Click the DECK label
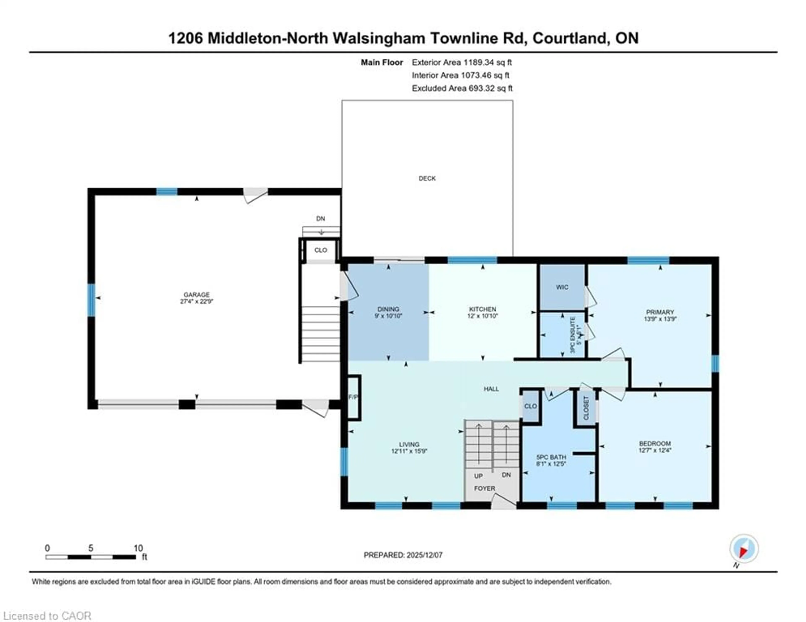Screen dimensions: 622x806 pos(427,178)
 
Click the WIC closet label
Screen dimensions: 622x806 pos(562,287)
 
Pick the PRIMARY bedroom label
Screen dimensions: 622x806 pos(660,312)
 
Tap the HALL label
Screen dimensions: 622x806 pos(491,389)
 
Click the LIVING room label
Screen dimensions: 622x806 pos(409,444)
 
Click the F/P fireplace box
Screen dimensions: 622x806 pos(353,397)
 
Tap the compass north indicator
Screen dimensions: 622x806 pos(744,549)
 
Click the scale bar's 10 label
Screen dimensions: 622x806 pos(138,548)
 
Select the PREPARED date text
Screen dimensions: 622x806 pos(403,555)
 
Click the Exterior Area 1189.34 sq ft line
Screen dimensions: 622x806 pos(462,62)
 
